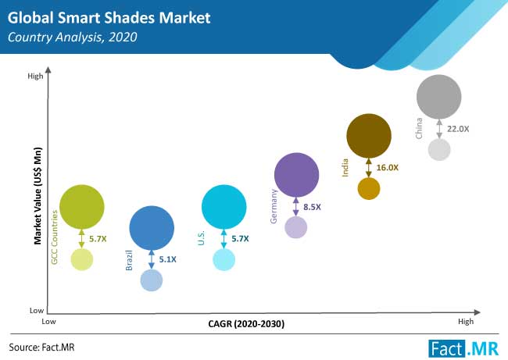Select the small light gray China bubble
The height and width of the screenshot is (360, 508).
click(x=439, y=148)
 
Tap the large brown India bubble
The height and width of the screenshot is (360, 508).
click(x=368, y=137)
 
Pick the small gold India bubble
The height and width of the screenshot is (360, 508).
click(x=369, y=188)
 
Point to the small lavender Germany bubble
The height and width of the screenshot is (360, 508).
click(x=295, y=227)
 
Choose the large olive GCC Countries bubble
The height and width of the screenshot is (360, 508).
click(x=81, y=206)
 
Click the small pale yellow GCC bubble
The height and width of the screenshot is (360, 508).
click(x=81, y=258)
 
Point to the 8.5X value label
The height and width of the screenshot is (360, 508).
click(x=313, y=207)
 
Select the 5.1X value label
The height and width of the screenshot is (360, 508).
click(x=168, y=259)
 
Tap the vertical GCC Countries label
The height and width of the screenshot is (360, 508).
click(x=55, y=237)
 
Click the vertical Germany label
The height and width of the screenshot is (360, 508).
click(x=274, y=206)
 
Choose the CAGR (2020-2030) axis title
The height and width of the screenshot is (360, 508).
click(x=245, y=323)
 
